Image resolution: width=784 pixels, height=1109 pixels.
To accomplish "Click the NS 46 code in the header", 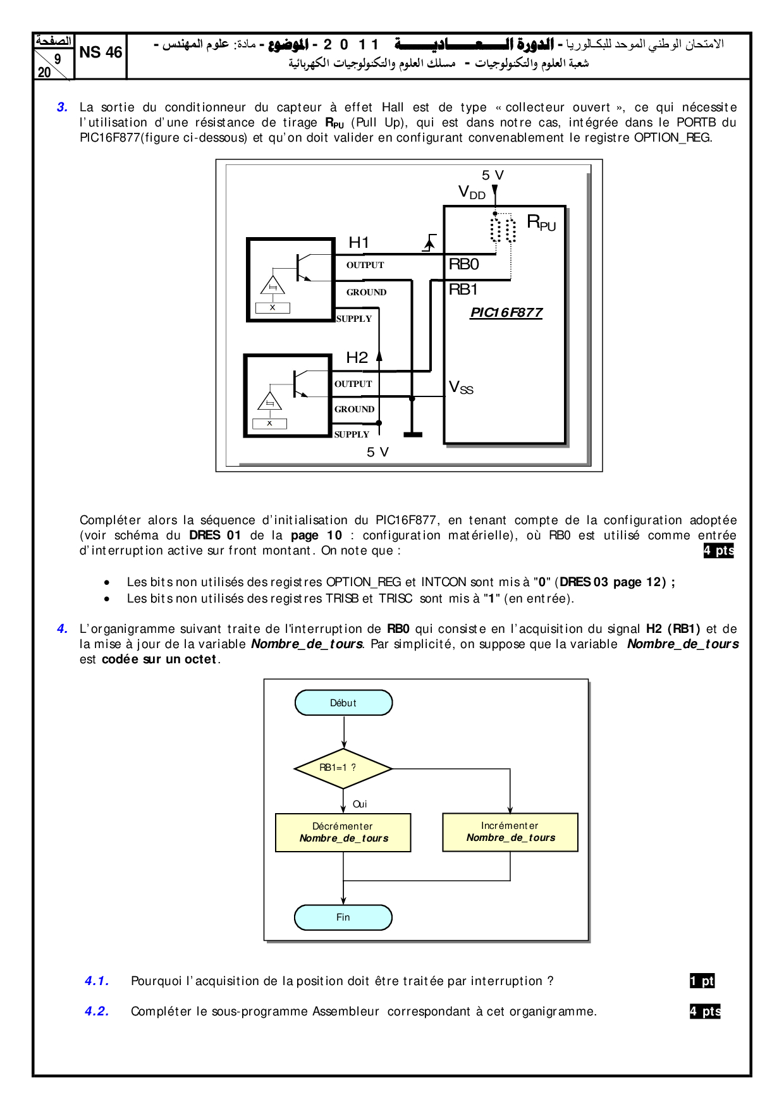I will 101,52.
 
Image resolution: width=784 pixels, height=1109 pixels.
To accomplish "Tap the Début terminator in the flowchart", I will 343,703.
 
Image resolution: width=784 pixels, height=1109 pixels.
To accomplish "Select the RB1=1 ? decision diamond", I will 343,768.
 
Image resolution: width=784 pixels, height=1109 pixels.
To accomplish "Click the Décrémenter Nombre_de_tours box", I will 343,833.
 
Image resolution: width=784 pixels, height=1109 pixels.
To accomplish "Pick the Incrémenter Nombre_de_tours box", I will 510,832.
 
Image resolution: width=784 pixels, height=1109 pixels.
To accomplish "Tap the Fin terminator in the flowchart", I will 343,917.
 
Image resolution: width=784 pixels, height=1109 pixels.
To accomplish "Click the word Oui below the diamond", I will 360,804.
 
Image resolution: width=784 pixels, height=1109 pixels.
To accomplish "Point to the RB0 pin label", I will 463,264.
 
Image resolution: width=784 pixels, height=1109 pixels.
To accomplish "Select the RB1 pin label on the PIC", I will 463,290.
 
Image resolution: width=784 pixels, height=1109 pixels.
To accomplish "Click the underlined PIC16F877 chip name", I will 506,312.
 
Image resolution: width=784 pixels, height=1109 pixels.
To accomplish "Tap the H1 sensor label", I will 358,242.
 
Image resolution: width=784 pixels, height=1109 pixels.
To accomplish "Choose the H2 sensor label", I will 357,358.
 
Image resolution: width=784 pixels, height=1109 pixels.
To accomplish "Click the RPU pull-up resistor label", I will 541,223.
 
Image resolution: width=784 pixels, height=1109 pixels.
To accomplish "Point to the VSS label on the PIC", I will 461,388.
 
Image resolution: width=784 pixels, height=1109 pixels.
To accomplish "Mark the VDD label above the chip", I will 472,192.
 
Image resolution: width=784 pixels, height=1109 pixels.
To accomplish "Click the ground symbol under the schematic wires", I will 412,434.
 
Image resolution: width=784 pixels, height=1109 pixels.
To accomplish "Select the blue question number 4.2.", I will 97,1012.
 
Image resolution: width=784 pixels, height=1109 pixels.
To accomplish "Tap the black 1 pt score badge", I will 702,981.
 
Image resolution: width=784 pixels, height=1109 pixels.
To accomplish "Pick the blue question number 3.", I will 62,107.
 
